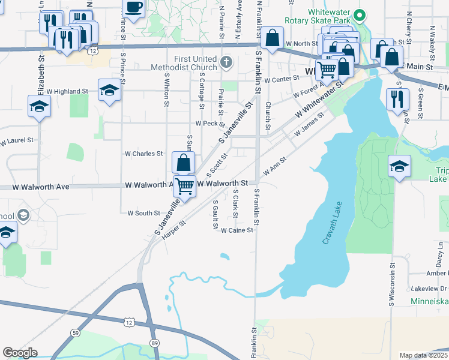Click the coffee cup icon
click(x=134, y=8)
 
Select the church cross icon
click(x=226, y=62)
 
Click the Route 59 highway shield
click(x=74, y=332)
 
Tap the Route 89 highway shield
click(x=154, y=343)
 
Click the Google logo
click(x=20, y=352)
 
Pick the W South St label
click(x=140, y=213)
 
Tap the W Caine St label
click(x=237, y=230)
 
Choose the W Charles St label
click(x=143, y=154)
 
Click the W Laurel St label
click(x=16, y=142)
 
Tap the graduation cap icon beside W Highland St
click(x=109, y=90)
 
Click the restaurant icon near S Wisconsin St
click(x=397, y=100)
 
